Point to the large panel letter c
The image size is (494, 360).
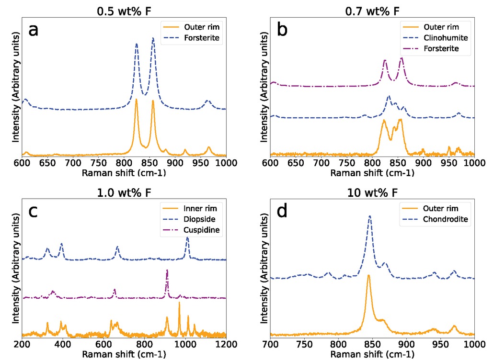33,211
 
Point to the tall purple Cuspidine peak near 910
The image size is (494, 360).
167,271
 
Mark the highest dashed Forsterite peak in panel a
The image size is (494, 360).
153,38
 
